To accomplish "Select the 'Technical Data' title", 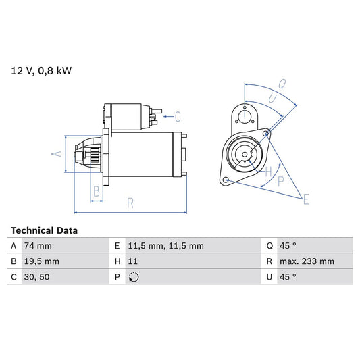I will point(44,230).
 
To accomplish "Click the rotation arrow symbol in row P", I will point(133,277).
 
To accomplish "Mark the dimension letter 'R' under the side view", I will point(129,201).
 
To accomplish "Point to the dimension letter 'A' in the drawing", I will point(57,154).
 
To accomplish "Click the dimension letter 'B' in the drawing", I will point(97,192).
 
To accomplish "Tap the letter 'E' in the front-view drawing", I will point(306,199).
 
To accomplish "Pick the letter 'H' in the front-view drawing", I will point(268,170).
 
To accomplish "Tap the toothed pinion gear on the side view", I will point(93,156).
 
